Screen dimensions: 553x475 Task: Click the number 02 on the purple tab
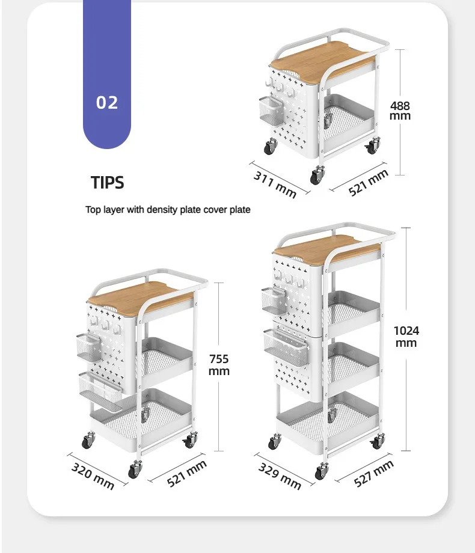(107, 102)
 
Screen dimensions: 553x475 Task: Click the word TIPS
(108, 182)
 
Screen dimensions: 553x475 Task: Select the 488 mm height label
(400, 111)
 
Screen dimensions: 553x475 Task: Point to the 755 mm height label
(219, 365)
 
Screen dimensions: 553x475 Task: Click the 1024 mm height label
(406, 337)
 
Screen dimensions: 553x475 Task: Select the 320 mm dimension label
(93, 475)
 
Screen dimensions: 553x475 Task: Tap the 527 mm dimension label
(373, 473)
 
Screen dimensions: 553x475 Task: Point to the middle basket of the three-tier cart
(166, 361)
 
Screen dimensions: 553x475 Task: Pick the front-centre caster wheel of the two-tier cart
(317, 174)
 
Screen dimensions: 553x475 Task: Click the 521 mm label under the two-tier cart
(369, 183)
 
